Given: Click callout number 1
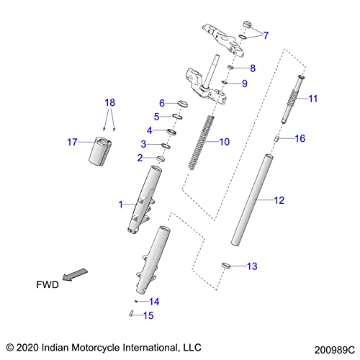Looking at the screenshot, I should pyautogui.click(x=122, y=205).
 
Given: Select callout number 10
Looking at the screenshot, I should pyautogui.click(x=224, y=142).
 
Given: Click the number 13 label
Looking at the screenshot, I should pyautogui.click(x=251, y=266).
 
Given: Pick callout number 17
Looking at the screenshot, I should pyautogui.click(x=71, y=142).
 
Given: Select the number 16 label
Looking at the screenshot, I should pyautogui.click(x=301, y=138).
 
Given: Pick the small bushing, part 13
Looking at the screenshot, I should pyautogui.click(x=225, y=266).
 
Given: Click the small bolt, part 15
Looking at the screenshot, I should pyautogui.click(x=130, y=312).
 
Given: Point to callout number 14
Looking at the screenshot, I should pyautogui.click(x=154, y=301).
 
